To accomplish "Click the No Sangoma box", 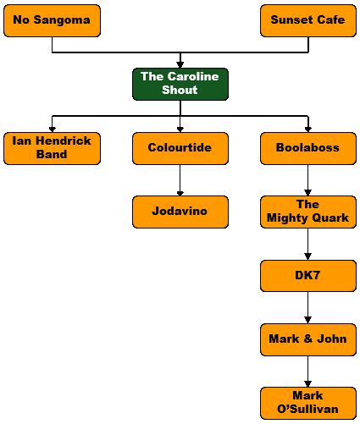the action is click(52, 20).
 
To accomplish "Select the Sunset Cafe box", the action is click(308, 20).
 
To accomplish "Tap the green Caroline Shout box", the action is click(180, 84).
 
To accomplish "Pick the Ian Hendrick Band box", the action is click(52, 148).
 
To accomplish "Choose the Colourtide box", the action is click(180, 148).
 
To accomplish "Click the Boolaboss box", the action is click(308, 148).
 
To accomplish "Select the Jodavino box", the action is click(180, 212).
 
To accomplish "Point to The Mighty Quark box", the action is click(308, 212).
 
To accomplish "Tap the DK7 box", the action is click(308, 276).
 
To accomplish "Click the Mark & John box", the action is click(308, 339).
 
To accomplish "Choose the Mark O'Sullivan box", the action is click(308, 403).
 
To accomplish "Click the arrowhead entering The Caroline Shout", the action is click(180, 65).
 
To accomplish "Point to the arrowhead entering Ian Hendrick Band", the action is click(52, 129).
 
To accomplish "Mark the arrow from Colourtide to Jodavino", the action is click(180, 180).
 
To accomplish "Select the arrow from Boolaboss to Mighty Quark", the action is click(308, 180).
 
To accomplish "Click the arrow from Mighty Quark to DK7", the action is click(308, 244).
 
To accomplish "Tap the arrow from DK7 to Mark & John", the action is click(308, 307).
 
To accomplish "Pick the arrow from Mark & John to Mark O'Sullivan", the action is click(308, 372).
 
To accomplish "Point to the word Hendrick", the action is click(64, 140).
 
